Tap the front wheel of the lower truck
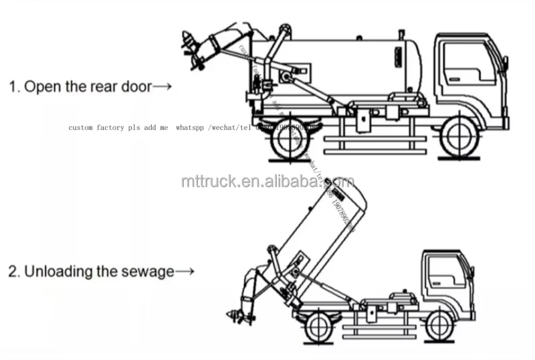pos(439,326)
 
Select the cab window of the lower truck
pos(441,271)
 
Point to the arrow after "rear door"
pos(163,87)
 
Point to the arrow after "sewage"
pos(185,272)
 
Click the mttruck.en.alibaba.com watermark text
pos(267,181)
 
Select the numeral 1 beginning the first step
pos(12,87)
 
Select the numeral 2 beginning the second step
pos(12,272)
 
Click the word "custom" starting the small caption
pos(81,126)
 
